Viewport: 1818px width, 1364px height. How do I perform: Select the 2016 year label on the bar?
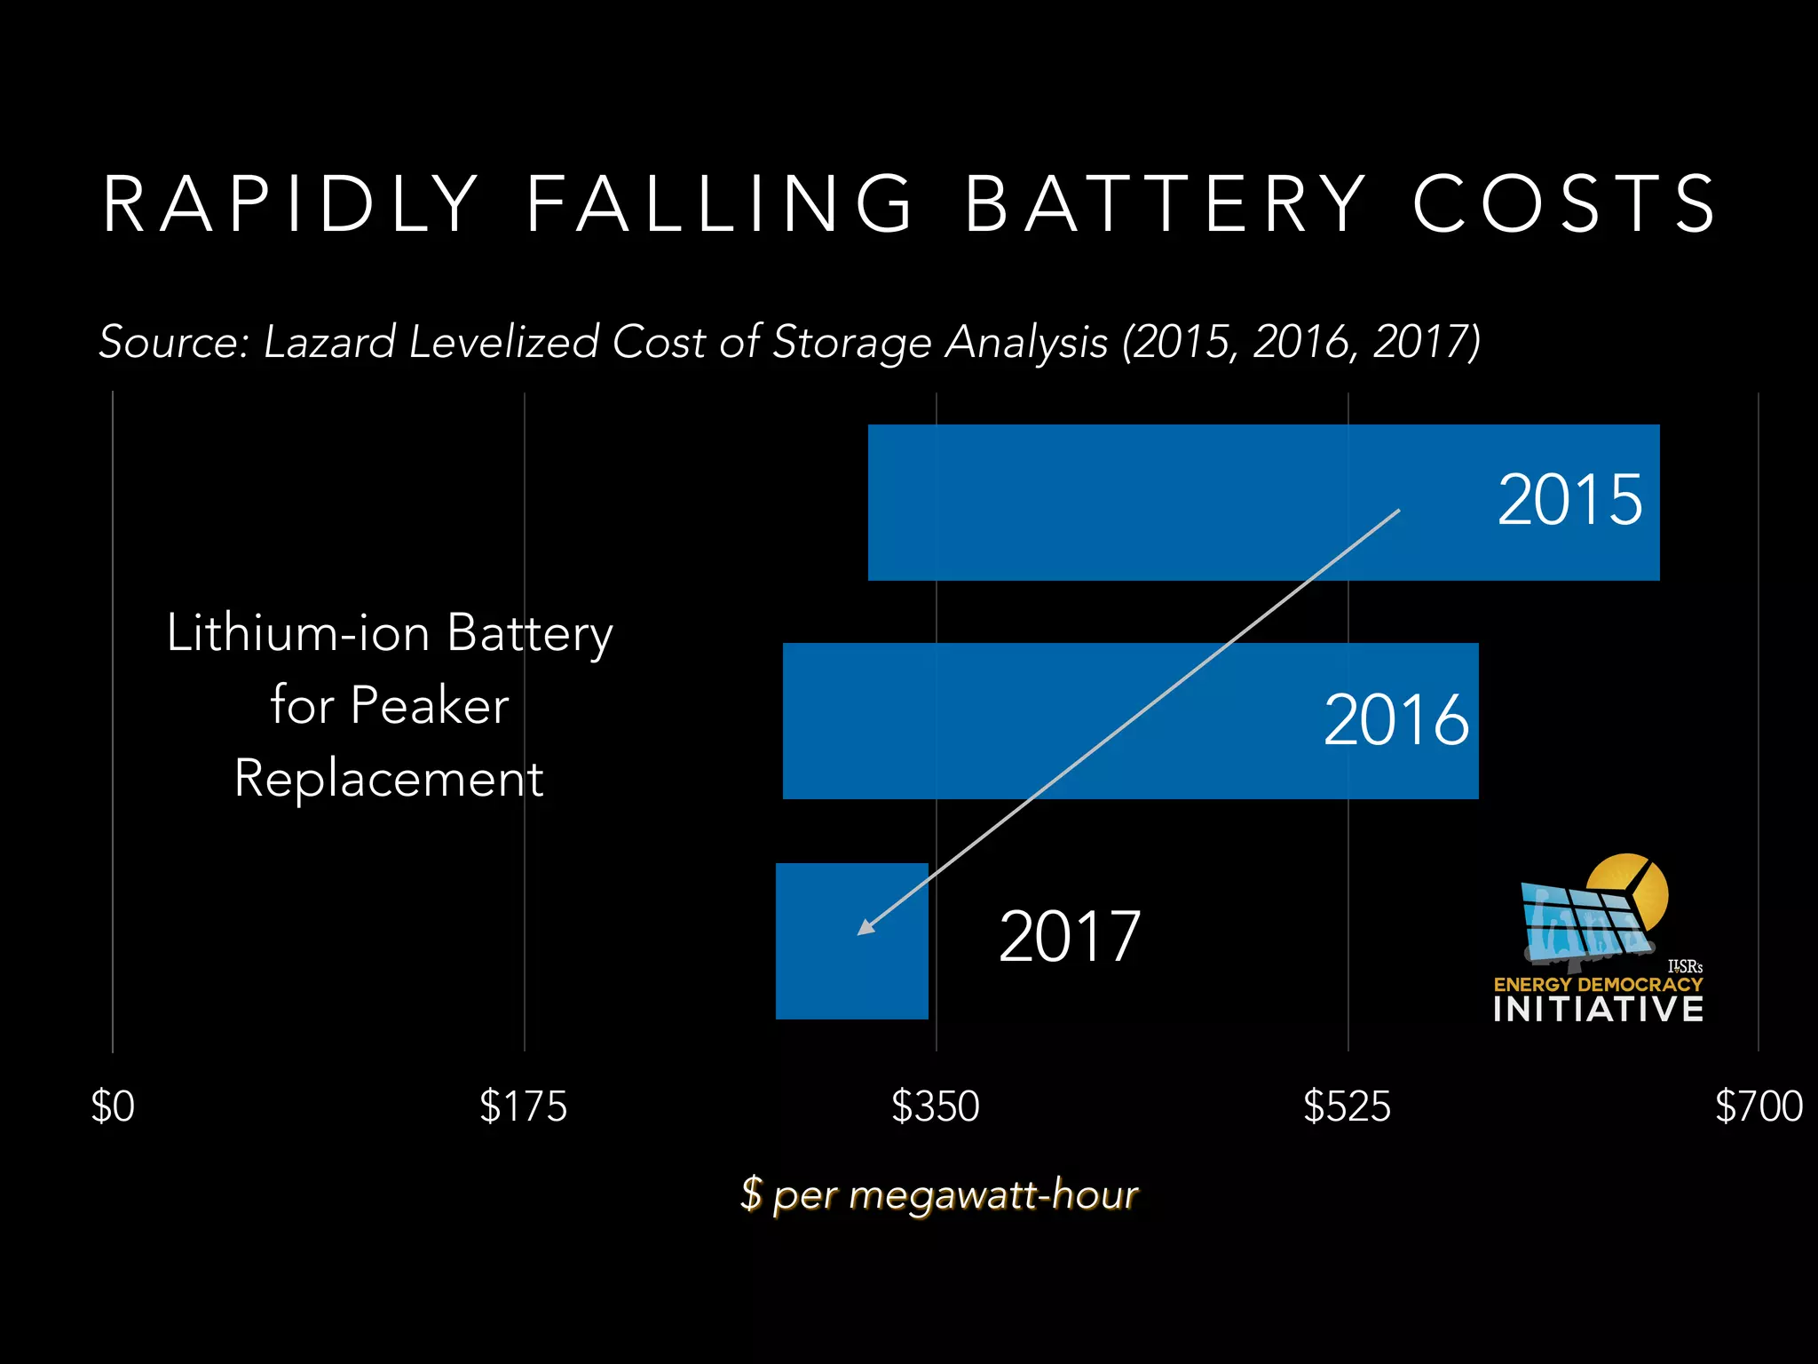[x=1395, y=719]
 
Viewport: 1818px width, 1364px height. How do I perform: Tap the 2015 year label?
[x=1569, y=500]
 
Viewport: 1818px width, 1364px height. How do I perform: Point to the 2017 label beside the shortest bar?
[x=1069, y=937]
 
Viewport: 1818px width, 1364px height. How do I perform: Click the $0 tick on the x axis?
[x=113, y=1107]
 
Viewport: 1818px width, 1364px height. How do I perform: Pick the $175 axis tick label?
[x=523, y=1107]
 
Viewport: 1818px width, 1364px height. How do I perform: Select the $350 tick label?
[x=935, y=1107]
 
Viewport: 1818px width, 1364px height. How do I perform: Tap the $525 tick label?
[x=1347, y=1107]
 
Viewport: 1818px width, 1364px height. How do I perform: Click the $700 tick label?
[x=1759, y=1107]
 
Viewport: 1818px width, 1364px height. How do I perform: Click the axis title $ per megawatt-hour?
[x=939, y=1194]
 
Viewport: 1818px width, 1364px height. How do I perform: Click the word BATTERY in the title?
[x=1166, y=204]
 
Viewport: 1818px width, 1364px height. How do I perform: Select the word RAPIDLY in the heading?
[x=291, y=204]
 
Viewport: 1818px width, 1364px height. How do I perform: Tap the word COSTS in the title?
[x=1564, y=204]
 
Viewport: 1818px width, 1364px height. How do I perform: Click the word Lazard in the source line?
[x=329, y=343]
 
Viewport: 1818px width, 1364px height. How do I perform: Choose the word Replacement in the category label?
[x=389, y=779]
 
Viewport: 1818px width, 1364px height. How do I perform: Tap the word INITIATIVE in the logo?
[x=1598, y=1010]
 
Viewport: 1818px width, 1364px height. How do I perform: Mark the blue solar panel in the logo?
[x=1580, y=924]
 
